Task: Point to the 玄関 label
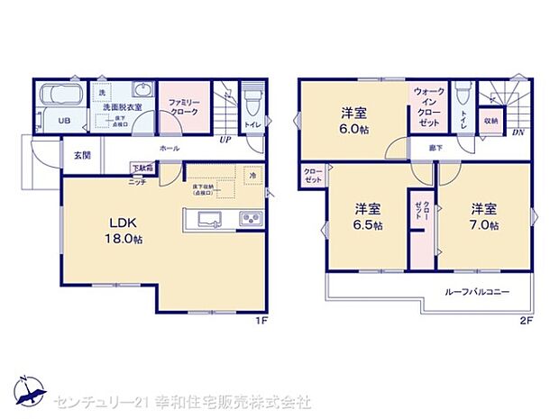[x=82, y=155]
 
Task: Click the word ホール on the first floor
[x=169, y=149]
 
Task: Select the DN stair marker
[x=518, y=133]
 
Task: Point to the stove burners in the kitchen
[x=249, y=219]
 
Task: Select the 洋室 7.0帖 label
[x=483, y=216]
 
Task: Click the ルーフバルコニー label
[x=477, y=292]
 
